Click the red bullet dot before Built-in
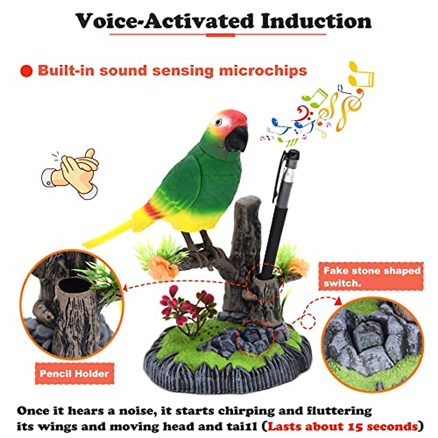27,71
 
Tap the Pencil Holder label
74,373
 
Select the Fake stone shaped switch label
371,276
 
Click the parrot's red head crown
234,115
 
